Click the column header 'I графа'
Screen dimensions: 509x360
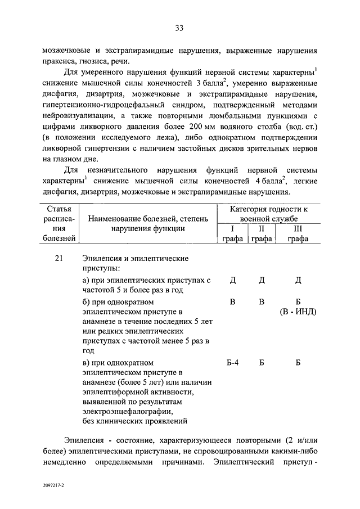pos(232,234)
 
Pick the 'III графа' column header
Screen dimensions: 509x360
pos(298,234)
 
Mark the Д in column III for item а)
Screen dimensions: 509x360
pos(298,280)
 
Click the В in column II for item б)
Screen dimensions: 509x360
pos(261,302)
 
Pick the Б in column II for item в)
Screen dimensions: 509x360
pos(261,362)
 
